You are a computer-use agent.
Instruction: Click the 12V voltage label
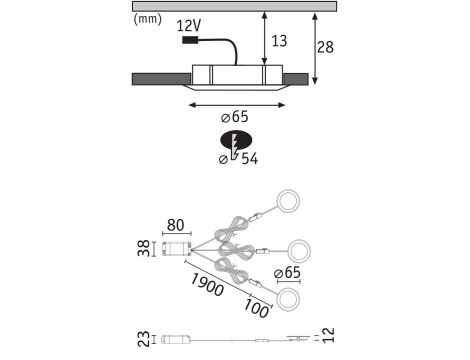point(189,25)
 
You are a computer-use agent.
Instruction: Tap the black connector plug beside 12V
point(190,40)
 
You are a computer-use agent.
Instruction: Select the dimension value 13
point(279,41)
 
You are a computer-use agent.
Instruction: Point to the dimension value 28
point(325,47)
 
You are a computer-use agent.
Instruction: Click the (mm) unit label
point(147,19)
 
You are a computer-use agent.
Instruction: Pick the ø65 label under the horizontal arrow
point(235,117)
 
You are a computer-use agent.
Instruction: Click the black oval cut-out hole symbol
point(236,140)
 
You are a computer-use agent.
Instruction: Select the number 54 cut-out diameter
point(250,159)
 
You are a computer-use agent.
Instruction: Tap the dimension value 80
point(175,225)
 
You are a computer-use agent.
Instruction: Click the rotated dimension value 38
point(144,248)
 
